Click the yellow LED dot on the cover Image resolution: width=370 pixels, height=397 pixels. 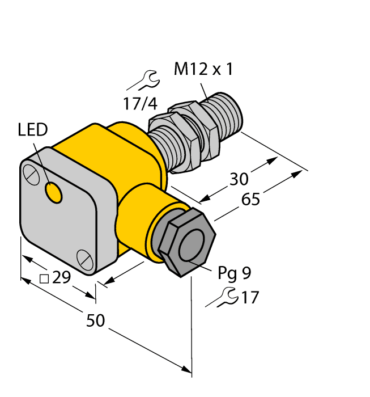point(54,193)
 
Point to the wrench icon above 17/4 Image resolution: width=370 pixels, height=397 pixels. point(146,80)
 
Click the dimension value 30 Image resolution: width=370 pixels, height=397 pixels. point(239,179)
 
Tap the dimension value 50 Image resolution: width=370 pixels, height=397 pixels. point(95,321)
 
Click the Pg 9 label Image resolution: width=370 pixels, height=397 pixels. point(234,274)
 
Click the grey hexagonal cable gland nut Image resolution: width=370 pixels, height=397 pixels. point(185,242)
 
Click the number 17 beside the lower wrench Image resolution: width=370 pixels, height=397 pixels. point(250,297)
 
